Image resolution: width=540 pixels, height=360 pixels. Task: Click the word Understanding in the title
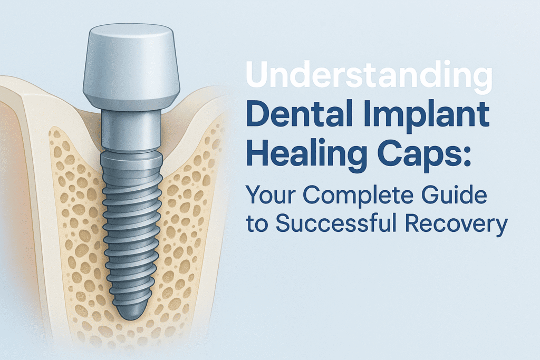point(369,76)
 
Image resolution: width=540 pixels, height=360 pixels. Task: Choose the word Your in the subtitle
point(272,195)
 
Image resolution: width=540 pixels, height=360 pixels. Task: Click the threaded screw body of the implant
point(131,234)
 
